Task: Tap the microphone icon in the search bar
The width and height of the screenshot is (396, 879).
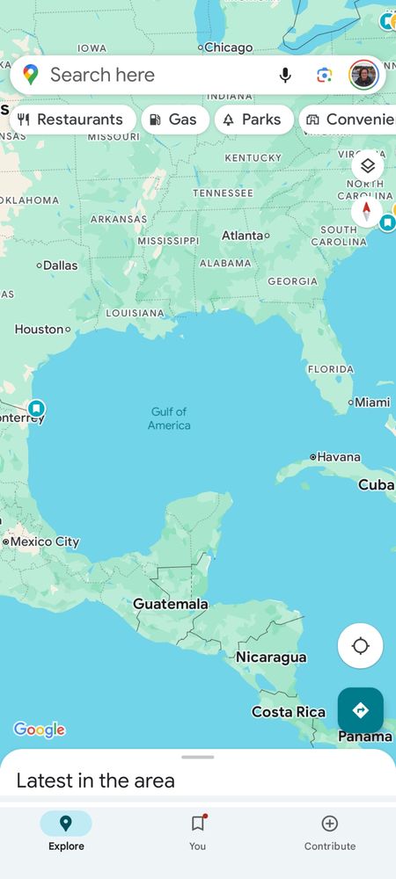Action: [285, 76]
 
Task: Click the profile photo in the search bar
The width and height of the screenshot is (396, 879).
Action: [363, 76]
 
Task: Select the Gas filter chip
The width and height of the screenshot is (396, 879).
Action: [174, 120]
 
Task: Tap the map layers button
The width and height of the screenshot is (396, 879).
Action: [367, 165]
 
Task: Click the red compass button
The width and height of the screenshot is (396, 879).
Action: [367, 211]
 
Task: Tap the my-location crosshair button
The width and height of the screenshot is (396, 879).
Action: [360, 646]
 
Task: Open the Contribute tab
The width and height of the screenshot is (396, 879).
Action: [330, 832]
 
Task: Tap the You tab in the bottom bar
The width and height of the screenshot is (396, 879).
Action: [197, 832]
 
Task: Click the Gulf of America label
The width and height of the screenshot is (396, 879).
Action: [169, 418]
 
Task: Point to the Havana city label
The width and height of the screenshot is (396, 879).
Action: [338, 457]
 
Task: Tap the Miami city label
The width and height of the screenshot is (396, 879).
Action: [371, 403]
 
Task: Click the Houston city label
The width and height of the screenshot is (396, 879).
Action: [40, 330]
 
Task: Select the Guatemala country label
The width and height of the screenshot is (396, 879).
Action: [171, 604]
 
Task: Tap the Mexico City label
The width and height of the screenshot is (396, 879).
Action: [44, 541]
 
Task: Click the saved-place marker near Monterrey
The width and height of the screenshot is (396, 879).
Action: [36, 408]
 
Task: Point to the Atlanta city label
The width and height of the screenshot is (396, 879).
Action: [242, 236]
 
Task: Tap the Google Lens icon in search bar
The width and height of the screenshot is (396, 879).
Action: [325, 76]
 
